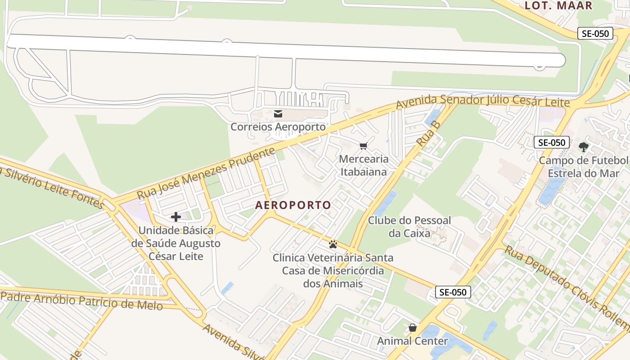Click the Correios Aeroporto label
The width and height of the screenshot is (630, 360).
click(278, 127)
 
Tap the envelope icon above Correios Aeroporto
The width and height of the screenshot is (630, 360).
click(278, 113)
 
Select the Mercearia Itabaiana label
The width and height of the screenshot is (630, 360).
click(364, 165)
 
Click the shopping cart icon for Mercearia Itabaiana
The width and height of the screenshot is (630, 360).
click(364, 146)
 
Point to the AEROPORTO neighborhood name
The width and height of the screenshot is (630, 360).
click(293, 205)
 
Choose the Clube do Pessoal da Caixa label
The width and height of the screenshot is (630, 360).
click(409, 227)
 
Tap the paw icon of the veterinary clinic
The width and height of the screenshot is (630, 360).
click(333, 244)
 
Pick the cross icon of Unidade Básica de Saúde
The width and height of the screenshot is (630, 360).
click(175, 217)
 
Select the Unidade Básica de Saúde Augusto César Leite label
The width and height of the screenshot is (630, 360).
click(176, 243)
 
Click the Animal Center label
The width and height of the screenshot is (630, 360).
click(412, 341)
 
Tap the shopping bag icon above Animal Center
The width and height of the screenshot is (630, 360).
click(412, 328)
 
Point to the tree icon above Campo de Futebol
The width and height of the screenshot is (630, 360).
click(583, 147)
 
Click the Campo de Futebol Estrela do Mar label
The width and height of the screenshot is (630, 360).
click(583, 167)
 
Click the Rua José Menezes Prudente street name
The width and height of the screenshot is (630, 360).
click(206, 173)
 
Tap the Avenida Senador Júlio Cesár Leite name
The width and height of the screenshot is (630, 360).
click(482, 101)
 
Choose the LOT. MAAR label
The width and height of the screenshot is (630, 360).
click(558, 5)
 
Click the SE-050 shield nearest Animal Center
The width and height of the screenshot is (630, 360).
click(453, 292)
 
